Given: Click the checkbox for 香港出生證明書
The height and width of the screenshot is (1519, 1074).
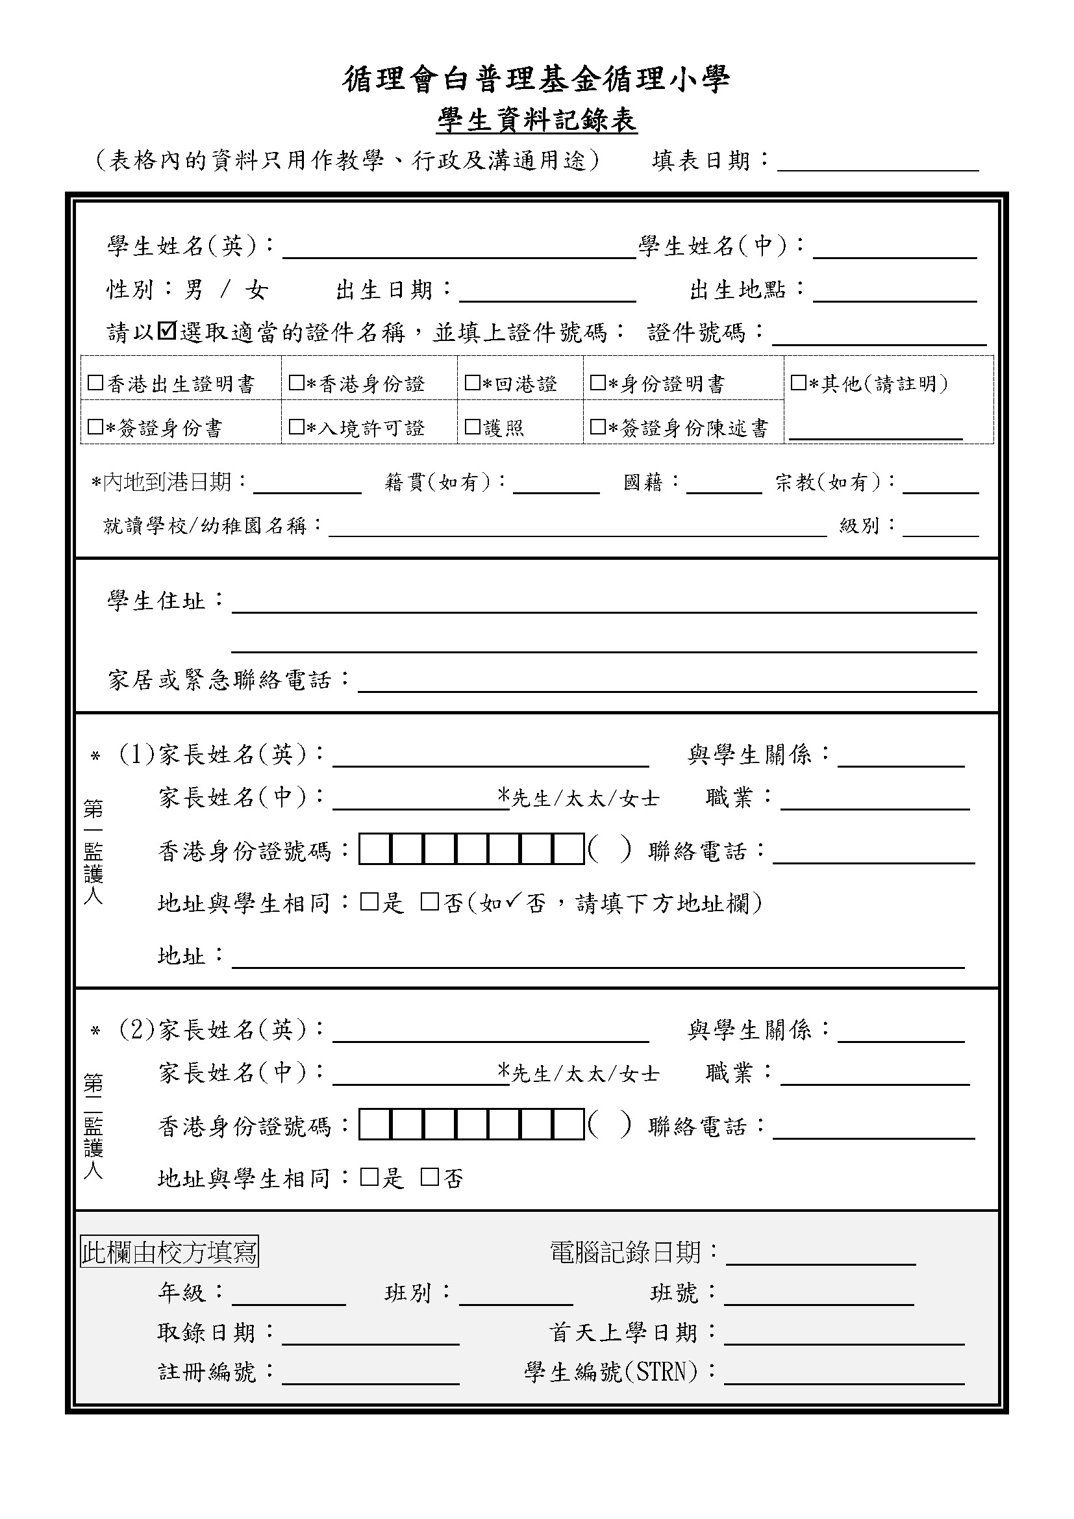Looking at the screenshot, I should (95, 383).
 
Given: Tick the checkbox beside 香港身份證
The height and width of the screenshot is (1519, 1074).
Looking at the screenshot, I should (296, 383).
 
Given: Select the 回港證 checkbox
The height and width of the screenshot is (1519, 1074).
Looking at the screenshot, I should (472, 383).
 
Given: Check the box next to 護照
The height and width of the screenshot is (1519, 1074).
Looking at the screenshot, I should (472, 427).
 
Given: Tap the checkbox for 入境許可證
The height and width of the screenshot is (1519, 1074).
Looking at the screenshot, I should (296, 427).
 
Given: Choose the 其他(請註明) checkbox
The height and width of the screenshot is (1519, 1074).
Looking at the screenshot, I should (798, 383).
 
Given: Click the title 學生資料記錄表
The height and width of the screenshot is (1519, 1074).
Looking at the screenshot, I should (537, 121).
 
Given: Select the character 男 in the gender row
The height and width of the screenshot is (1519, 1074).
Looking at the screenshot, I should (194, 290).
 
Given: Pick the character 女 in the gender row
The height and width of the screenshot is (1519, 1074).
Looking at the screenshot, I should (256, 290).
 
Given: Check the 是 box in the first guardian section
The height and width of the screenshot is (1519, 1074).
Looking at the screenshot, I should (368, 902).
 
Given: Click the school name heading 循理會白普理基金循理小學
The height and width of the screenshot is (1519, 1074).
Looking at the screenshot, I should (536, 79).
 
